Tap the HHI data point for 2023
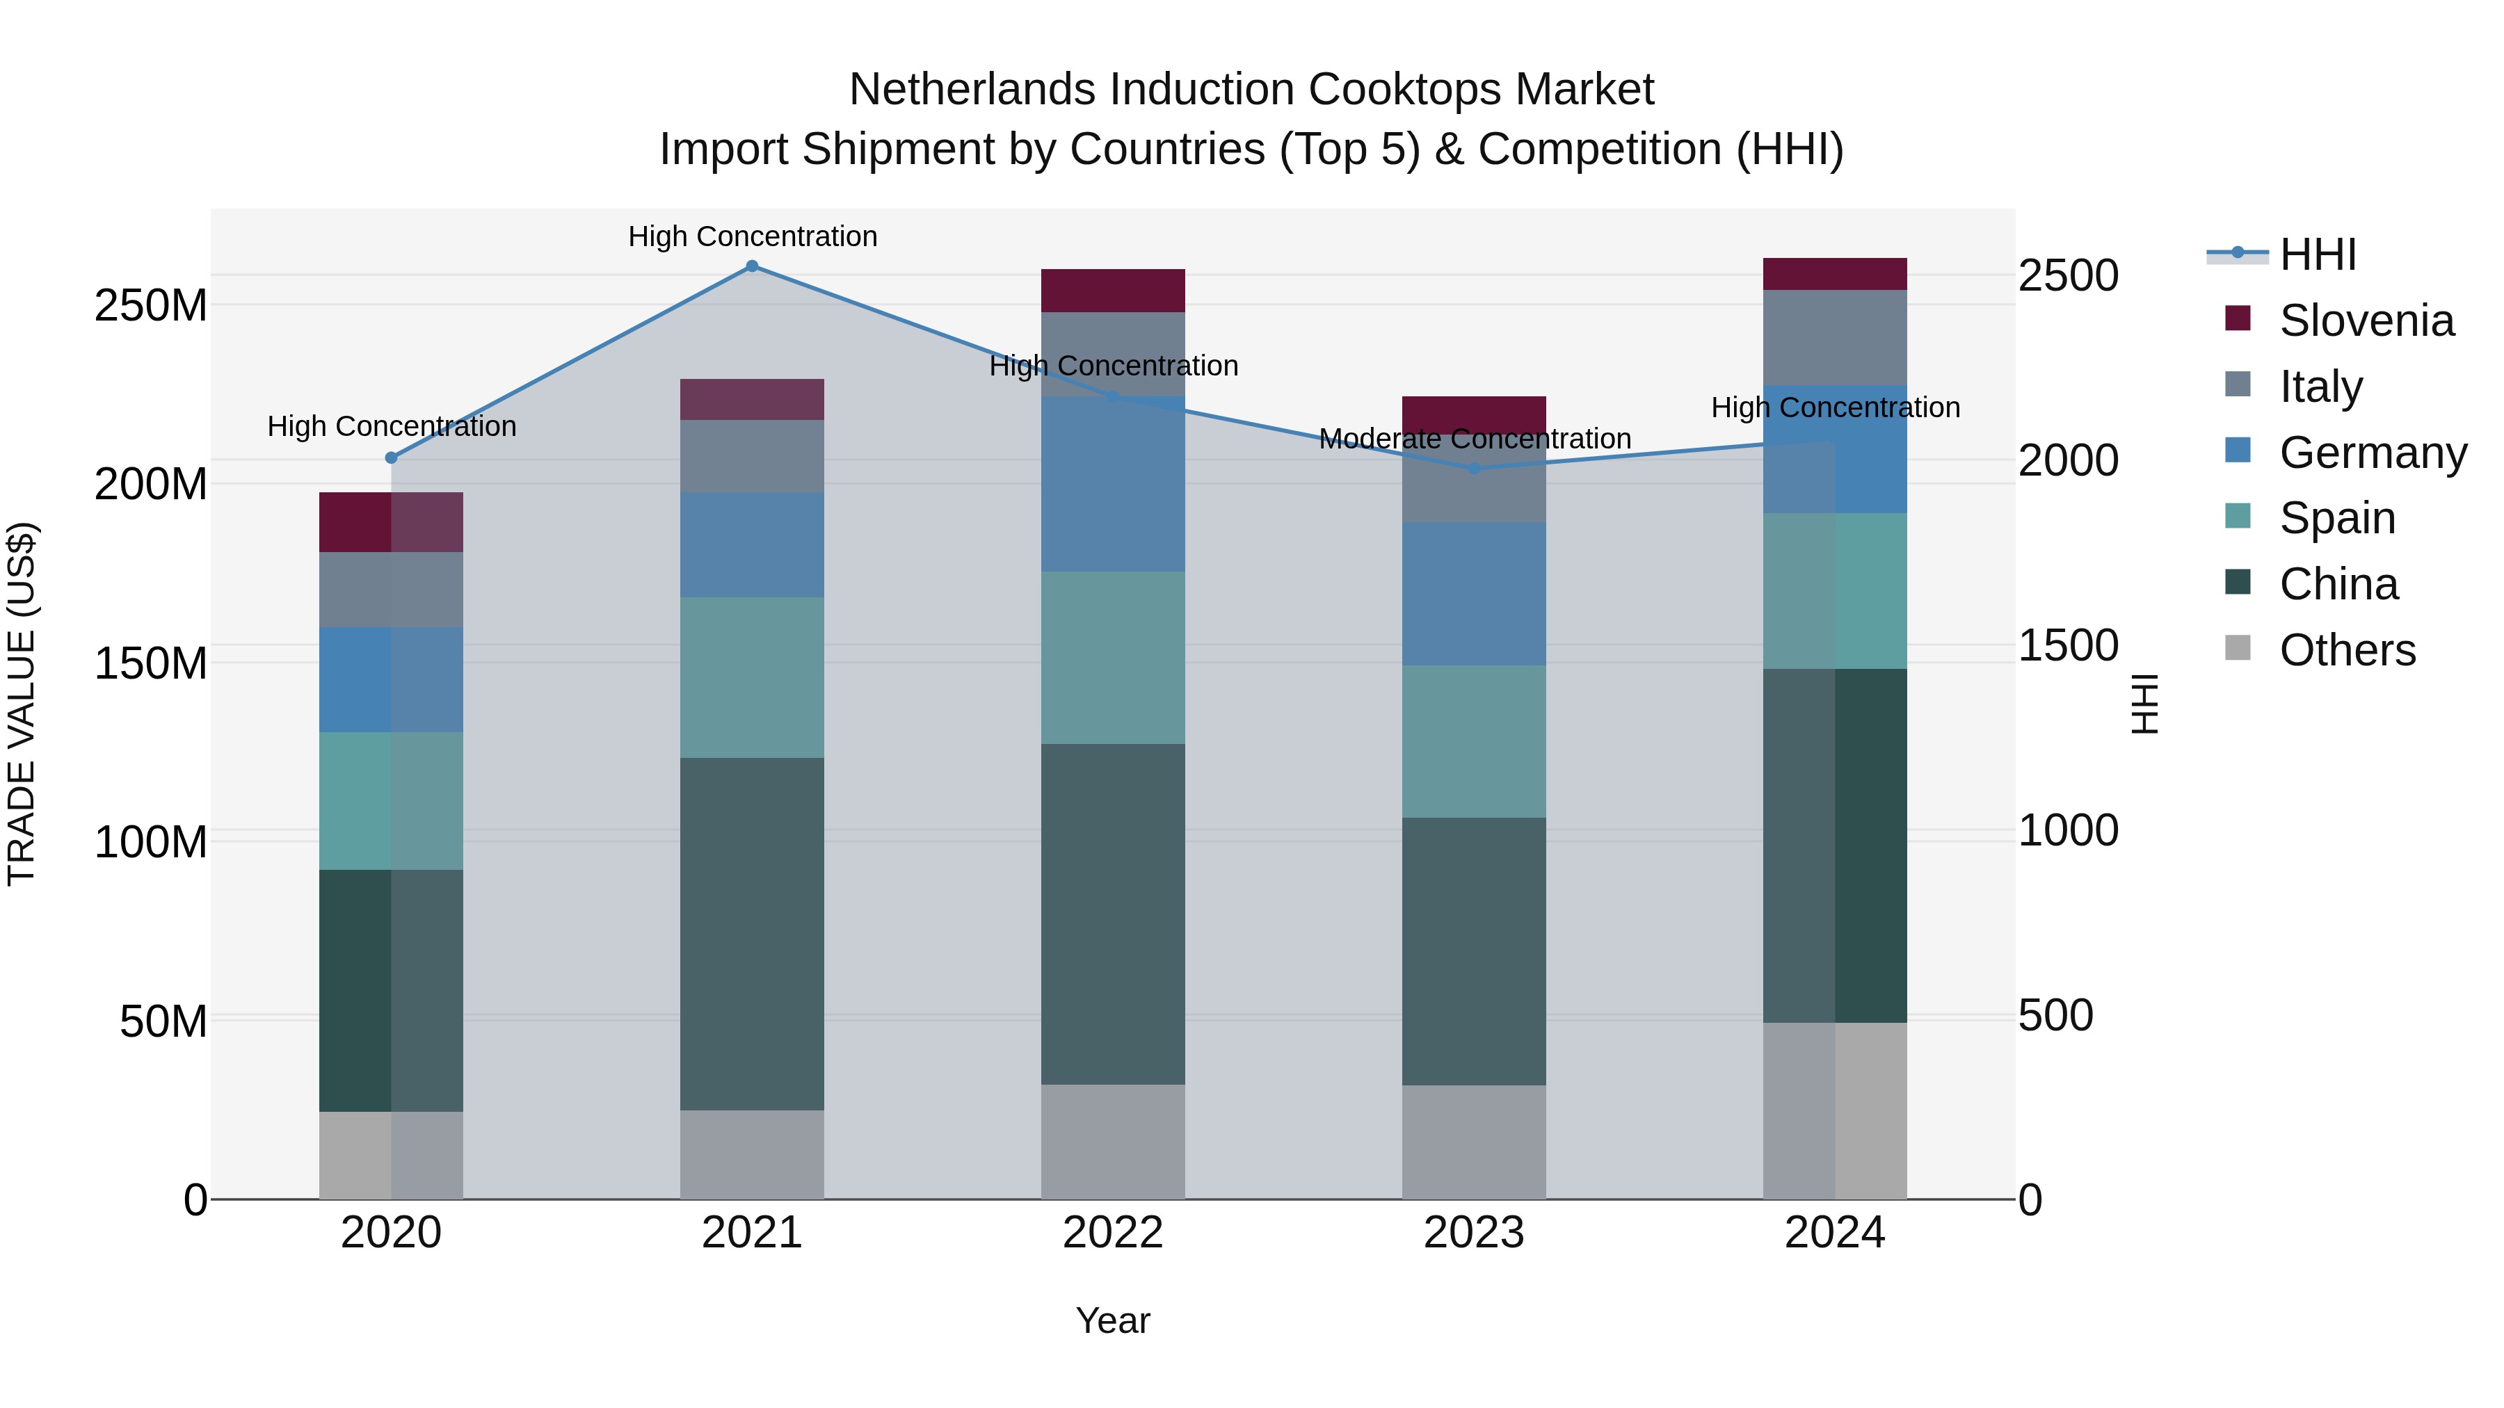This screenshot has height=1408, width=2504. pos(1474,469)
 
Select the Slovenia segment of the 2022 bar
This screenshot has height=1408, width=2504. pos(1113,291)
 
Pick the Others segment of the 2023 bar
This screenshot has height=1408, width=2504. pos(1474,1142)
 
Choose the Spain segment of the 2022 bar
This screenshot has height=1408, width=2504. pos(1113,658)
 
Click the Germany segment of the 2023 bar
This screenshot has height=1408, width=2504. pos(1474,594)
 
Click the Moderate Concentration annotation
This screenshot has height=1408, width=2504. pos(1474,439)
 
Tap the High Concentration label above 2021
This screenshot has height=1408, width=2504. pos(753,237)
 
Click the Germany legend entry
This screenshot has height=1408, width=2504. pos(2372,453)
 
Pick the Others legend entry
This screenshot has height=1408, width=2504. pos(2347,650)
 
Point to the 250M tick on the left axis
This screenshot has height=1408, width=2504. pos(151,306)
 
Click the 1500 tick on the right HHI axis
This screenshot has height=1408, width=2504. pos(2068,646)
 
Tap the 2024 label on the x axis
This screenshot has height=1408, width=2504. pos(1834,1233)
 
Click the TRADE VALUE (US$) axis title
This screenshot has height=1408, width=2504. pos(22,704)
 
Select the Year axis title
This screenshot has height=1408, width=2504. pos(1113,1320)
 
